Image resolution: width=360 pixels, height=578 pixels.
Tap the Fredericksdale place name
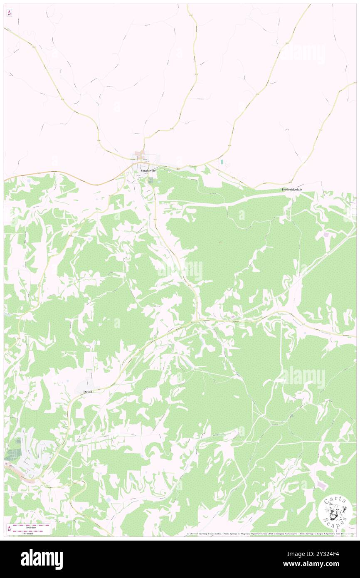[292, 190]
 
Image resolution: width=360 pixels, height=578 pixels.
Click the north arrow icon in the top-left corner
[9, 13]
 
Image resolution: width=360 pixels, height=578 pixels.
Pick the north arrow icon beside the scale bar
[10, 529]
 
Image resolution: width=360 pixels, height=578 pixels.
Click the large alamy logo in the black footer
[42, 559]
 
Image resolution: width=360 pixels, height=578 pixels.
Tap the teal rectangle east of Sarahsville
[222, 161]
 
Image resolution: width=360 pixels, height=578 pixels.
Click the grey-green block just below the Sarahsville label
[150, 180]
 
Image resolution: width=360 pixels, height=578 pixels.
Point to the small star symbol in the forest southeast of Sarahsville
[220, 242]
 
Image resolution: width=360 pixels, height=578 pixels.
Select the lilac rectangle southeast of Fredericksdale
[326, 235]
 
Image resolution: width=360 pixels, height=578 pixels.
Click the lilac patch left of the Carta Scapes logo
[321, 485]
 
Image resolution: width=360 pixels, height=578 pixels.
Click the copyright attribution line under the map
[270, 534]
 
